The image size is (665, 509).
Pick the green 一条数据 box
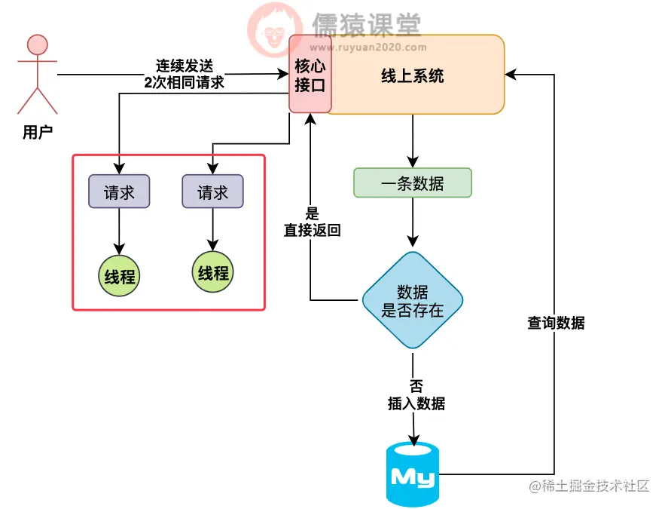pyautogui.click(x=412, y=183)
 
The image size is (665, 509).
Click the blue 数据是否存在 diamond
pyautogui.click(x=412, y=300)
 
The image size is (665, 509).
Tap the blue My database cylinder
pyautogui.click(x=412, y=474)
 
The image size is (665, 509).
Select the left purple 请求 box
pyautogui.click(x=119, y=192)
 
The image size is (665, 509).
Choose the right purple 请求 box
pyautogui.click(x=212, y=192)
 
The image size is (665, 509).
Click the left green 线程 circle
pyautogui.click(x=120, y=276)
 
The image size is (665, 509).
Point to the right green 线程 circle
pyautogui.click(x=213, y=272)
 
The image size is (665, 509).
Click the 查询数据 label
pyautogui.click(x=556, y=323)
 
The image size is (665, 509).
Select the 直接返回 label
pyautogui.click(x=312, y=231)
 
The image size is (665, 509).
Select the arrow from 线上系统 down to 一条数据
pyautogui.click(x=412, y=140)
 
